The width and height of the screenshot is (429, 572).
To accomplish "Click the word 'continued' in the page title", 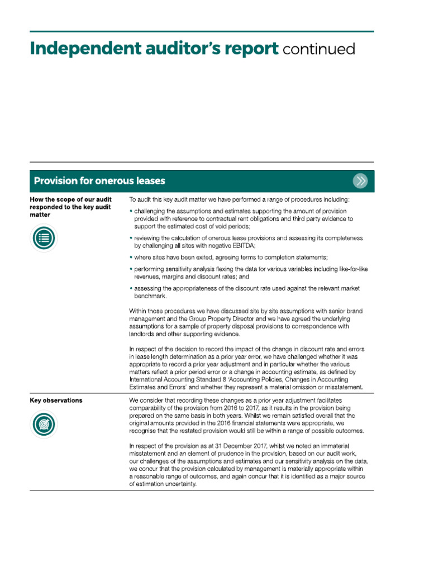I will pyautogui.click(x=319, y=49).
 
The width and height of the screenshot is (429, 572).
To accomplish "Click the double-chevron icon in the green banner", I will pyautogui.click(x=360, y=181).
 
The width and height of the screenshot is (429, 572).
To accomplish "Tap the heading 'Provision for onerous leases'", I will pyautogui.click(x=99, y=181).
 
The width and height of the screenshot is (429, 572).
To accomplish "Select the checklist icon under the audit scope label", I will pyautogui.click(x=44, y=239).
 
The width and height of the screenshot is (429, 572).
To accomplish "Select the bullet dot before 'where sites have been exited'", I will pyautogui.click(x=131, y=257).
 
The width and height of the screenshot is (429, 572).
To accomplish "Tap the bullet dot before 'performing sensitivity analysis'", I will pyautogui.click(x=131, y=269).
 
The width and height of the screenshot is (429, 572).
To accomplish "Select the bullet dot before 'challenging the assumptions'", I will pyautogui.click(x=131, y=211).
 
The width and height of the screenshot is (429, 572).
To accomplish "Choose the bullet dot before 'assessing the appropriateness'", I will pyautogui.click(x=131, y=289).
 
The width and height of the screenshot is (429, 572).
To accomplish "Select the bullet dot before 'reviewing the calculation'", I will pyautogui.click(x=131, y=238).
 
